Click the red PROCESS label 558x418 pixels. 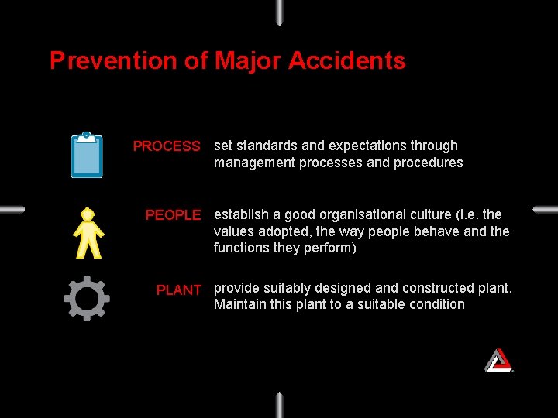tap(167, 146)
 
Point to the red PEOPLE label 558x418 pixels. tap(173, 215)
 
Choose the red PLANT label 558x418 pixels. tap(178, 290)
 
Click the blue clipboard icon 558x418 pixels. tap(87, 155)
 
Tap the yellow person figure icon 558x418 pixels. tap(88, 232)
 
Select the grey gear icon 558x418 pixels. tap(87, 298)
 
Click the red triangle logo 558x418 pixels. tap(498, 360)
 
